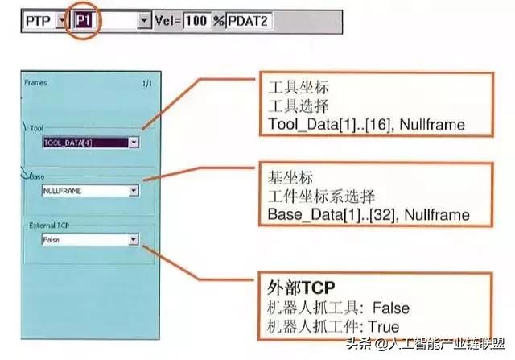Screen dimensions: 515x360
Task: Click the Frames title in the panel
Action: coord(36,82)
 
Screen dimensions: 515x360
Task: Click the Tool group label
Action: coord(37,127)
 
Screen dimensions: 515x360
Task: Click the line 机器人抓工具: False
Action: coord(338,307)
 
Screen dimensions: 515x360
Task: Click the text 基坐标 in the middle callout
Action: coord(285,176)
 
